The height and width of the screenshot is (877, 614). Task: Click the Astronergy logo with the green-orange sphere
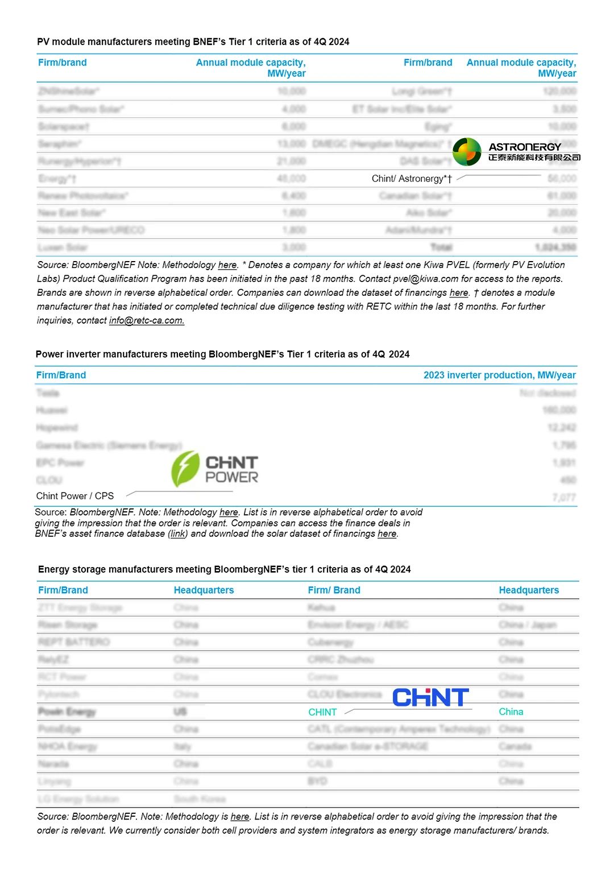click(x=516, y=152)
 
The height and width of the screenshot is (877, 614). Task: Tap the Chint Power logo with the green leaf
click(x=215, y=469)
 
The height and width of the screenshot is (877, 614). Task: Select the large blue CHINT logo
click(x=430, y=697)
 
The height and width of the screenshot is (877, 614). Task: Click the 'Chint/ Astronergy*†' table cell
click(x=412, y=179)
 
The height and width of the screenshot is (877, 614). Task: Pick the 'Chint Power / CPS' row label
click(x=75, y=496)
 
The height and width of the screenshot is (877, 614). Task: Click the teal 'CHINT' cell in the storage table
click(x=322, y=712)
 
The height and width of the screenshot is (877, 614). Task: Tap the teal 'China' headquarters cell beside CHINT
click(x=511, y=711)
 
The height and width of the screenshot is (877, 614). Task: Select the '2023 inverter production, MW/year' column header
click(x=499, y=375)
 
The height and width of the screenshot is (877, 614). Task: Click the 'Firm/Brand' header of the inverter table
click(x=61, y=375)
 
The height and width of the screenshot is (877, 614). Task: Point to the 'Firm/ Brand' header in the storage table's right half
click(x=334, y=590)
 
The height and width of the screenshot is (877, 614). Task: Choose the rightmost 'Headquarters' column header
click(x=529, y=590)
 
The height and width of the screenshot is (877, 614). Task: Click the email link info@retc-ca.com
click(x=147, y=321)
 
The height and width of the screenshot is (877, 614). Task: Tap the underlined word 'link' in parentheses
click(x=178, y=534)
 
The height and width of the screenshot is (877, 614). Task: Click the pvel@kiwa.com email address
click(x=426, y=279)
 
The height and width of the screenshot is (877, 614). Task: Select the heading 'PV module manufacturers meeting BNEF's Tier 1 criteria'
click(x=193, y=42)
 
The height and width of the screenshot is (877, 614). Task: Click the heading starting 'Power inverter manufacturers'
click(x=222, y=354)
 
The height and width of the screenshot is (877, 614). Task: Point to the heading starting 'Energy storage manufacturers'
click(x=224, y=569)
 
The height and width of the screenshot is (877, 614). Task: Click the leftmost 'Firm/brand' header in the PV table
click(x=63, y=63)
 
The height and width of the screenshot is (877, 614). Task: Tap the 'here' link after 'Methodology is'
click(x=240, y=817)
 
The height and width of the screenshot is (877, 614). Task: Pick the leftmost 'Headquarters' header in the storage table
click(x=204, y=590)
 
